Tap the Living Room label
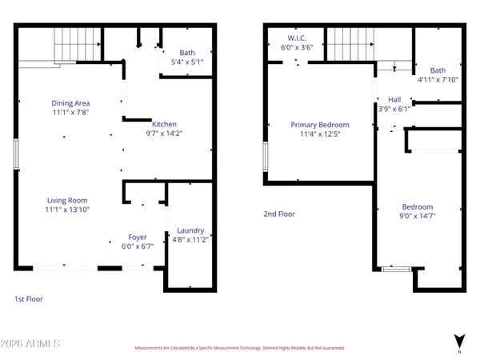coord(66,200)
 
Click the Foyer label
coord(138,237)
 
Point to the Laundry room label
coord(190,230)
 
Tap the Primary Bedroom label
coord(319,124)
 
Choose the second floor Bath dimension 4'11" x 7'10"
coord(438,80)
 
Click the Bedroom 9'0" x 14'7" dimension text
coord(417,215)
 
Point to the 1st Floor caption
coord(28,298)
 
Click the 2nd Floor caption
coord(281,214)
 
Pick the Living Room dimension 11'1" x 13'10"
coord(66,210)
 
